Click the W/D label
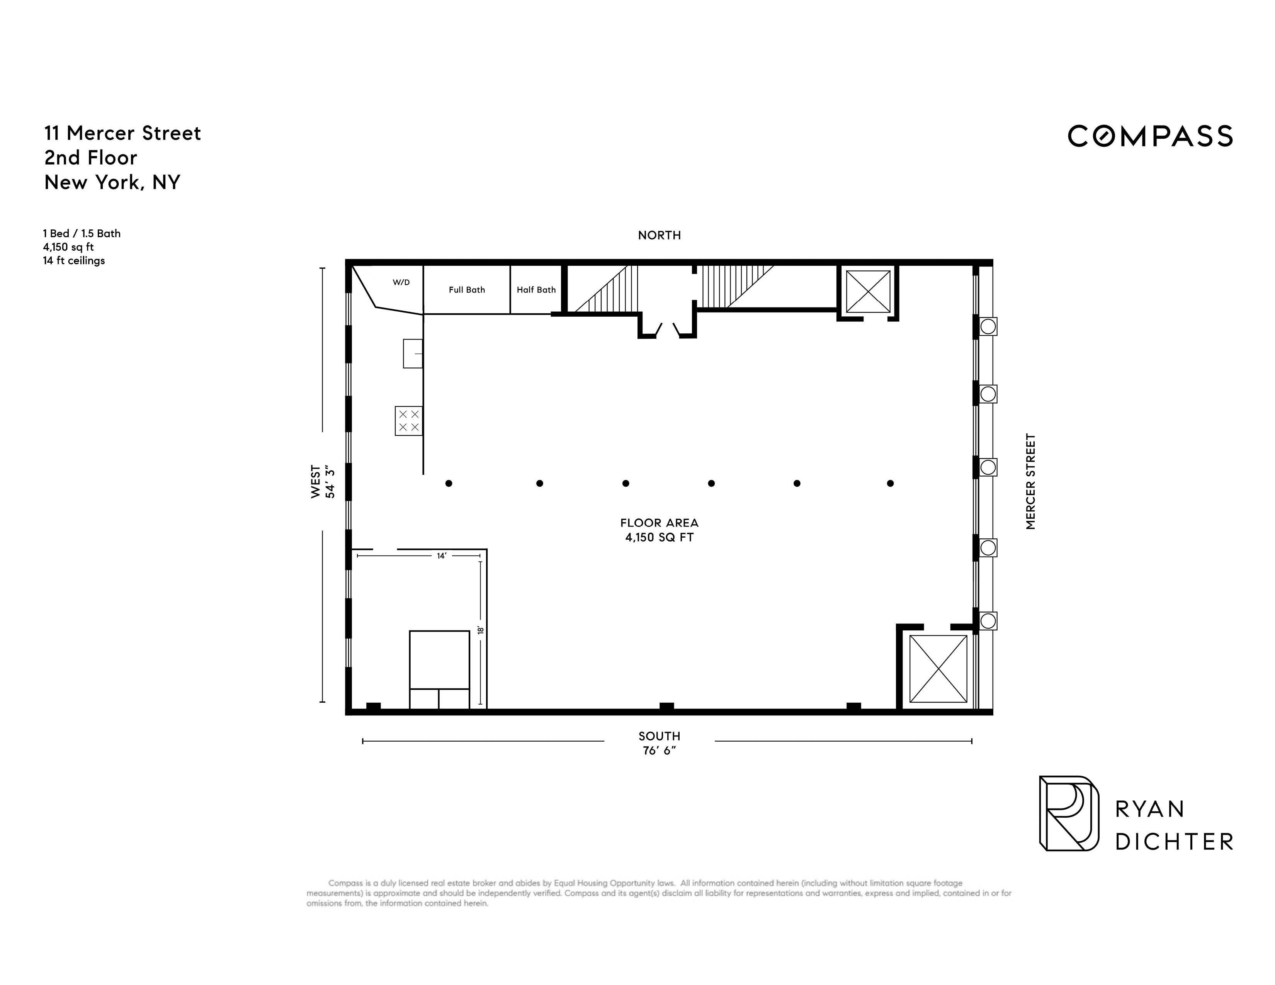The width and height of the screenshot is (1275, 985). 401,282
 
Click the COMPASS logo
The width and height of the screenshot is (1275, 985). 1149,136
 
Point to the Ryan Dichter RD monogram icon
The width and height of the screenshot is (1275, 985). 1068,813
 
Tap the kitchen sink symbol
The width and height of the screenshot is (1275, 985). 413,353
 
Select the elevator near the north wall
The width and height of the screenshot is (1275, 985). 868,291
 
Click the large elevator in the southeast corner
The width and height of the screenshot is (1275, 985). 938,668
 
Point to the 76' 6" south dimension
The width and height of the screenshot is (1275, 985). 659,751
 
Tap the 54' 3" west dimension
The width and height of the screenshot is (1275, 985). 330,482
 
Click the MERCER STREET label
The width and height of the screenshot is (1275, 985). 1030,481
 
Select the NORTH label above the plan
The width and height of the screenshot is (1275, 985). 659,235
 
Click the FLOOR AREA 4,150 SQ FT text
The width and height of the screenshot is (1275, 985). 659,530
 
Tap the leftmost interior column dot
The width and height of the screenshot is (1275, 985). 448,483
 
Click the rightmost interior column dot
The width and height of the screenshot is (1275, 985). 890,483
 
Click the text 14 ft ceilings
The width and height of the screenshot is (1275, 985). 74,261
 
